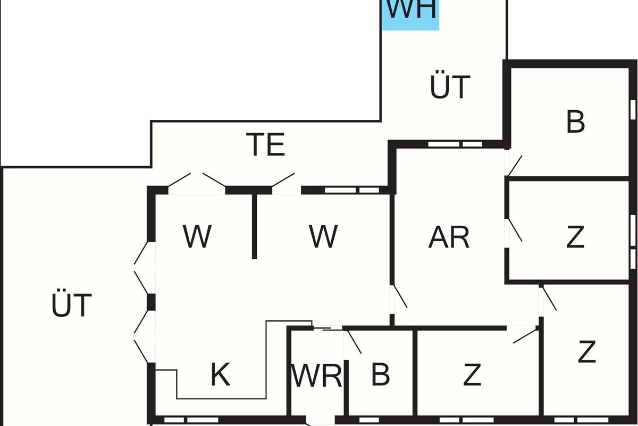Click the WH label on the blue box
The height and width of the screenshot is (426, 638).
coord(411,11)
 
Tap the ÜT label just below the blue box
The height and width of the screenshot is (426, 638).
coord(450,87)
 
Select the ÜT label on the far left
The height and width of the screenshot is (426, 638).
coord(72,306)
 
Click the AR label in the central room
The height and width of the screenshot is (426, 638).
coord(449,237)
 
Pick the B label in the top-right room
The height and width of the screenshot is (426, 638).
coord(575,122)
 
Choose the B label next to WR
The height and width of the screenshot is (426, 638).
coord(380,374)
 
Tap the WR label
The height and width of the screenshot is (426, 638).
coord(317,376)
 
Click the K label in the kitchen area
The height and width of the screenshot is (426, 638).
coord(220,375)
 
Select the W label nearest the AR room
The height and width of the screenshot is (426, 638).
coord(323,236)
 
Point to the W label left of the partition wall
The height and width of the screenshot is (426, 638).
coord(197,236)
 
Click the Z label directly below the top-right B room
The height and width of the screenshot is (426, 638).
coord(575,237)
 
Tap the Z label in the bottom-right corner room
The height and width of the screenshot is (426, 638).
coord(586,352)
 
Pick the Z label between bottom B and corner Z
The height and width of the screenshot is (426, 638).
coord(472,375)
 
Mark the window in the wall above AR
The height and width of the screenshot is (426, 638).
coord(455,144)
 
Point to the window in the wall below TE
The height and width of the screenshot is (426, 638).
coord(351,190)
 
